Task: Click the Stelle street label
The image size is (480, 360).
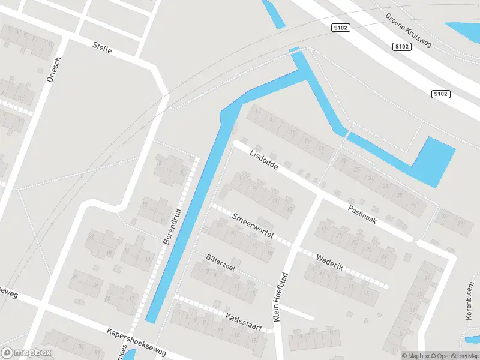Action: point(102,47)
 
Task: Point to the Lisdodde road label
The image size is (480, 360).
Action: point(264,157)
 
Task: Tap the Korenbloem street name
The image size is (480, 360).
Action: point(470,298)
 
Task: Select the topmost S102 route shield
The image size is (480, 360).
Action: point(340,28)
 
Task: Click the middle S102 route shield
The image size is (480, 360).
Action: point(402,46)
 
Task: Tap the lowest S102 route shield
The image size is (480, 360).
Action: point(440,94)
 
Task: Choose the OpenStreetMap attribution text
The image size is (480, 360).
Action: point(455,356)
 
